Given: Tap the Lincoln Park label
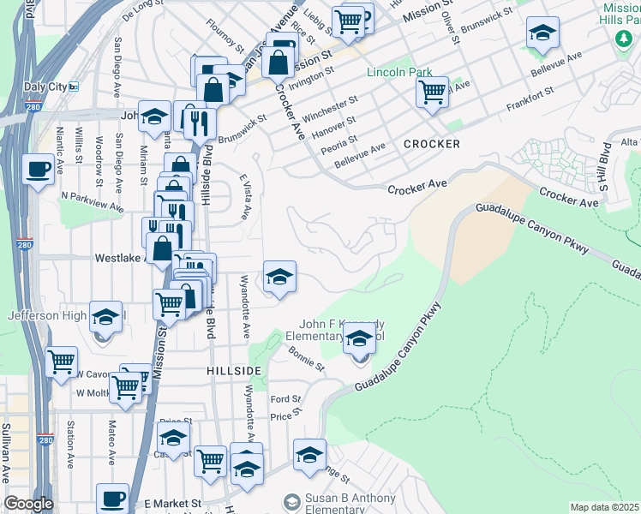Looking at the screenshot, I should [399, 73].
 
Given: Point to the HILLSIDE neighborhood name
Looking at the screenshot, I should [233, 369].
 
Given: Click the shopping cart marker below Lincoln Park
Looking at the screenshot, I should [433, 90].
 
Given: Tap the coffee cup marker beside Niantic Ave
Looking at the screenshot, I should [37, 169].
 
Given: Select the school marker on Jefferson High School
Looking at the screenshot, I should [105, 318].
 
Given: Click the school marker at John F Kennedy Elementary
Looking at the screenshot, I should [359, 340].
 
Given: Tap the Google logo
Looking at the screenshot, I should [28, 504].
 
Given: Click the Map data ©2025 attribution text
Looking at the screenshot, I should [604, 507].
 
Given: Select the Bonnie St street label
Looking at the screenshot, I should [306, 358].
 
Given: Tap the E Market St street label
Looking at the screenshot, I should [171, 504].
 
